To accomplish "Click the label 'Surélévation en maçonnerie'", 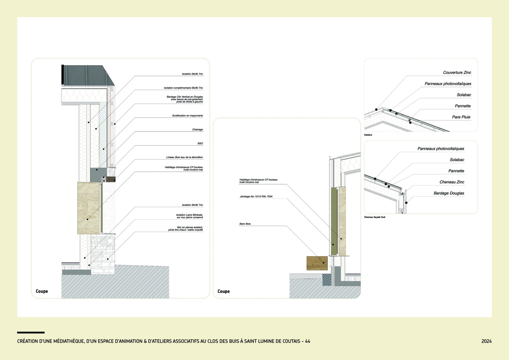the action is point(187,116).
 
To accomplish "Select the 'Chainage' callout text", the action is point(198,130).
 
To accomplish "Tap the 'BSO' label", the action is point(200,143).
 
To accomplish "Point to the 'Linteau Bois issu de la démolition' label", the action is point(185,157).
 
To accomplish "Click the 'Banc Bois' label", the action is point(245,224).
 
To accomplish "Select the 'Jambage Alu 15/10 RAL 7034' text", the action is point(256,196).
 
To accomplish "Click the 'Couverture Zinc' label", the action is point(457,72).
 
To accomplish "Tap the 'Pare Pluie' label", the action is point(461,117).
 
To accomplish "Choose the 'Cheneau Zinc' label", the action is point(452,182).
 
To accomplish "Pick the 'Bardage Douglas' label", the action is point(449,193).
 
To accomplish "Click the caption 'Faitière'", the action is point(368,135).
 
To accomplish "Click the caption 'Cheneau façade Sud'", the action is point(375,217).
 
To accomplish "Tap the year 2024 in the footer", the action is point(486,341).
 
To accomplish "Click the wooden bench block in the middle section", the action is point(317,263).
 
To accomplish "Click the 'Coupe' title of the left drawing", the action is point(42,291).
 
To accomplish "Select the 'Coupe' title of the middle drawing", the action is point(224,291).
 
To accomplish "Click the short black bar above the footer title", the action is point(31,332).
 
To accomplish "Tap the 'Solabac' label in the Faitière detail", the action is point(464,95).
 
